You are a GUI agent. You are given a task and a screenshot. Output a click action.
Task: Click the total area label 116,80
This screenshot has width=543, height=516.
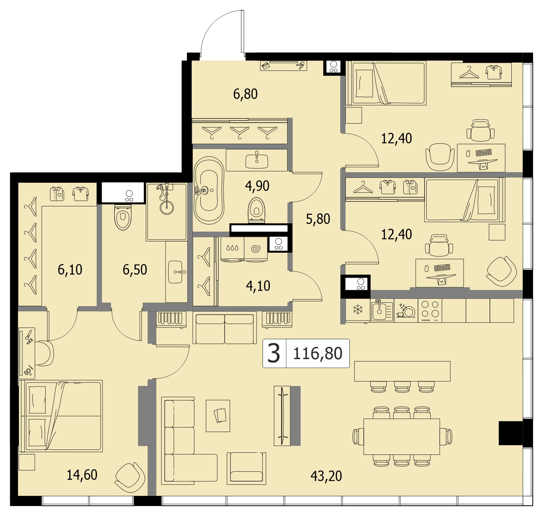point(318,353)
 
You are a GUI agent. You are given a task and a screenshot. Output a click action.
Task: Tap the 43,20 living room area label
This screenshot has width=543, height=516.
point(326,476)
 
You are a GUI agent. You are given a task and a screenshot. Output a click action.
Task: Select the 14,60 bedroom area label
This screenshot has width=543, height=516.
point(82,475)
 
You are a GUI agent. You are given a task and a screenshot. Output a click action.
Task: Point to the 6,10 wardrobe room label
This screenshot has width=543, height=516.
point(70,270)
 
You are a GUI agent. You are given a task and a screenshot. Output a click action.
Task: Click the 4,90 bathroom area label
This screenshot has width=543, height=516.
point(257,186)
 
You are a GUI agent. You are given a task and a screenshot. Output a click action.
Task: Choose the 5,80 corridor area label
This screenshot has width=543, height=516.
point(318,219)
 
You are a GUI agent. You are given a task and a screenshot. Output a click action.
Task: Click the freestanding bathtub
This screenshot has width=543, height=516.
point(209,191)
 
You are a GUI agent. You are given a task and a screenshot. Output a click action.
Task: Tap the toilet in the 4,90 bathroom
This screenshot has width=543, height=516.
point(256,210)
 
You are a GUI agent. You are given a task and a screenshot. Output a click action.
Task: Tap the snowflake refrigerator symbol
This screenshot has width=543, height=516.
point(358,310)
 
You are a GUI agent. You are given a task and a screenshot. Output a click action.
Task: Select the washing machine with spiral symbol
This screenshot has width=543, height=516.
point(256,249)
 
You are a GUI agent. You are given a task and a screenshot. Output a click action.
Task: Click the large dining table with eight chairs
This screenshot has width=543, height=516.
point(402,437)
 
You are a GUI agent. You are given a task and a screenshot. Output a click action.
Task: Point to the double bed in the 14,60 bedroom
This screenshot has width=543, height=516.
point(61,415)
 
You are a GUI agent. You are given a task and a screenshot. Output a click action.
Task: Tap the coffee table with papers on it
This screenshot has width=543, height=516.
point(218,416)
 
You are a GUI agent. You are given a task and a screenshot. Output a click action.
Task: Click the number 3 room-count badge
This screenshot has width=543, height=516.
point(274,353)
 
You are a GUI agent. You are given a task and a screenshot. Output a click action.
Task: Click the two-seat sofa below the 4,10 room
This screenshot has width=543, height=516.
point(224,329)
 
